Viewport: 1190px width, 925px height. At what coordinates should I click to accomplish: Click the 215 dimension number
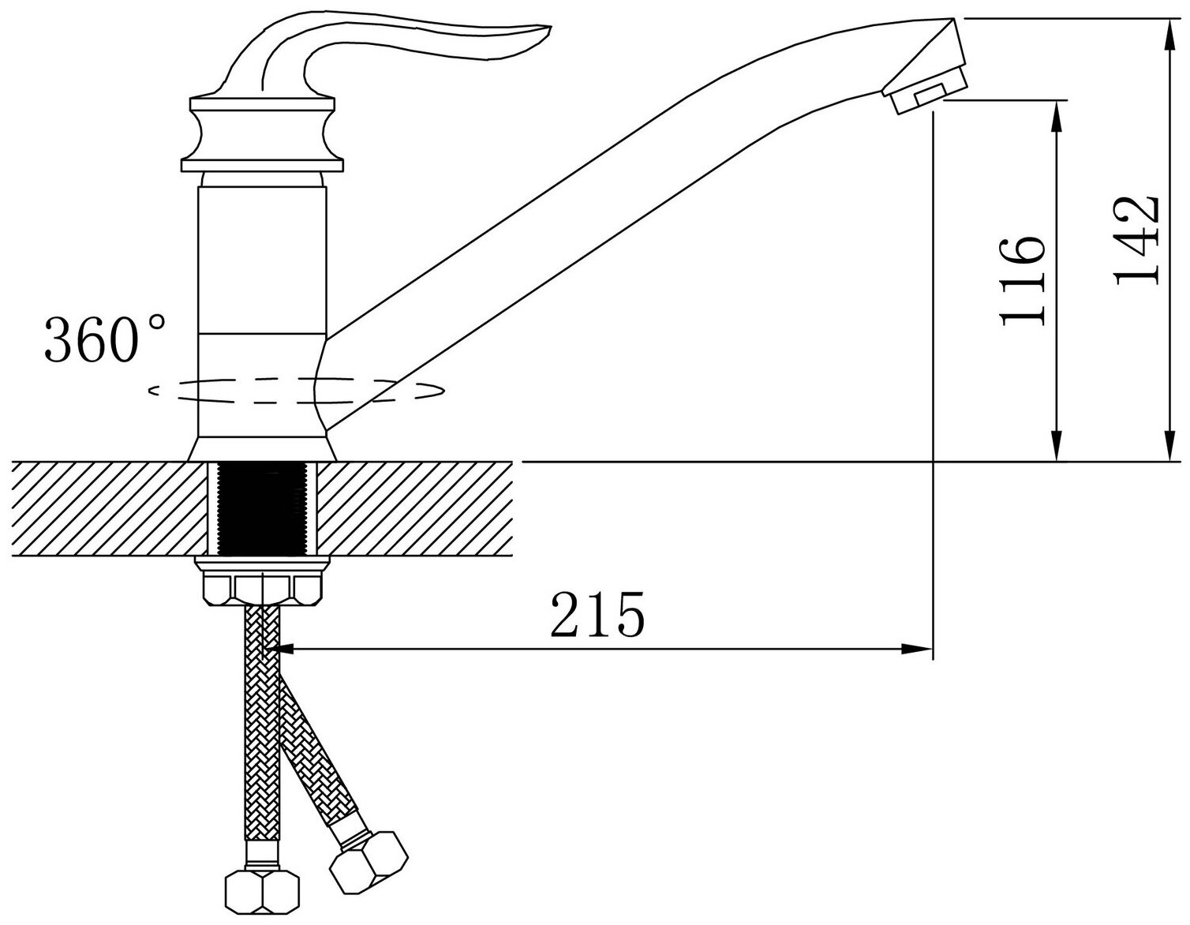coord(597,613)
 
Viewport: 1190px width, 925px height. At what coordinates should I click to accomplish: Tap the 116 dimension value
coord(1023,280)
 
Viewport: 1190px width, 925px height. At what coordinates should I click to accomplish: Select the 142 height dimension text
coord(1136,239)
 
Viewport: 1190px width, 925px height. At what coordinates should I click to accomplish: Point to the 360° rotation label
coord(105,339)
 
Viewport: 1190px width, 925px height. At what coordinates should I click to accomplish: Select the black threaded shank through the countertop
coord(264,510)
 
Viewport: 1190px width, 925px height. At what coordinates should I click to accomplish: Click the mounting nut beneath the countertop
coord(264,585)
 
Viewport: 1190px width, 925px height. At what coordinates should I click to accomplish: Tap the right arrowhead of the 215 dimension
coord(919,650)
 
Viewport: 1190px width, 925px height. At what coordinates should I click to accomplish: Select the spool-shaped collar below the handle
coord(264,136)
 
